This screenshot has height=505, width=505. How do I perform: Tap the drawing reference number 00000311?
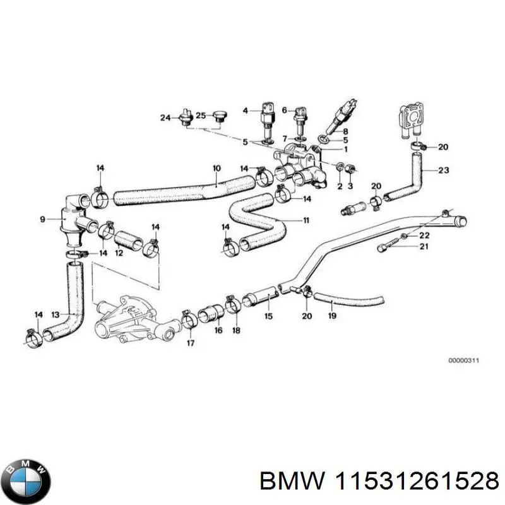click(x=464, y=360)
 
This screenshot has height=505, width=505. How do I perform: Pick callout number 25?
click(x=200, y=116)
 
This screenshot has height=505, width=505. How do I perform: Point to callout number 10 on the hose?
click(x=216, y=169)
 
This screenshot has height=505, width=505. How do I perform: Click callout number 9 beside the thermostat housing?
click(x=42, y=220)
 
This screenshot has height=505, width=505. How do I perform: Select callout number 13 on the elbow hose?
click(x=55, y=314)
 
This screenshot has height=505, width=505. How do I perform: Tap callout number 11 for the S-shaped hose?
click(x=306, y=221)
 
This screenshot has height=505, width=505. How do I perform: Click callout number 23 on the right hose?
click(x=443, y=169)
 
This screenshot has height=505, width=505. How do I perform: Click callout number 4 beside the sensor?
click(x=246, y=110)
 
